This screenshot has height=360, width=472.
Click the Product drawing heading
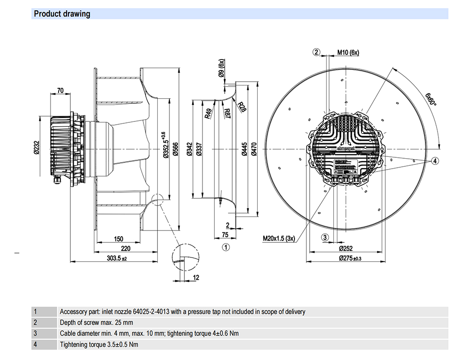click(x=62, y=14)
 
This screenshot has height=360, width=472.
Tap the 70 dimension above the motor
click(x=60, y=90)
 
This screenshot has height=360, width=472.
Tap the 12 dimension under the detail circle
click(x=196, y=277)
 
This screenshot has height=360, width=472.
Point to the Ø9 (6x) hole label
click(x=221, y=70)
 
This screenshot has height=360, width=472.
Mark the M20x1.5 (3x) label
click(x=278, y=238)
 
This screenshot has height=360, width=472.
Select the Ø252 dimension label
click(x=347, y=248)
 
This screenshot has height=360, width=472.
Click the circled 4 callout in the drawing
click(x=435, y=161)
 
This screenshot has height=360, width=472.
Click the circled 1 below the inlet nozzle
click(x=226, y=247)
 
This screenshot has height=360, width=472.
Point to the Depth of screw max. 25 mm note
click(x=97, y=323)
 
